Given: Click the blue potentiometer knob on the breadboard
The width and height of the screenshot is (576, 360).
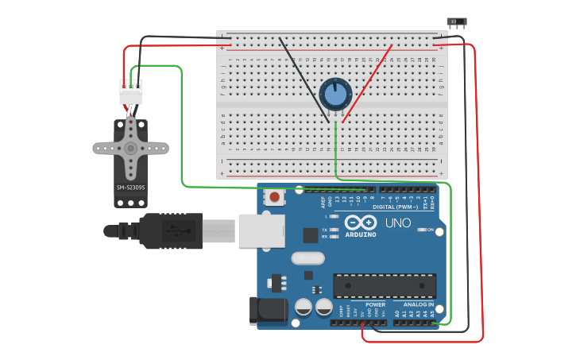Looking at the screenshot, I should tap(335, 94).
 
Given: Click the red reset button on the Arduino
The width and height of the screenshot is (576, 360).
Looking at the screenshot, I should tap(274, 196).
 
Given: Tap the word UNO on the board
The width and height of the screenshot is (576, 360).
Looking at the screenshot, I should tap(398, 223).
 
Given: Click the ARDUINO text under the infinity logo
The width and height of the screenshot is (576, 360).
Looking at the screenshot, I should tap(361, 234).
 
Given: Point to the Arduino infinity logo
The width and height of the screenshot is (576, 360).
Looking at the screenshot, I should tap(361, 222).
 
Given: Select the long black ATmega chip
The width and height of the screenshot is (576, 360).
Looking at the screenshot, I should tap(385, 285).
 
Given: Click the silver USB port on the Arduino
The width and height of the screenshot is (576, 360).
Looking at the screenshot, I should tap(261, 230).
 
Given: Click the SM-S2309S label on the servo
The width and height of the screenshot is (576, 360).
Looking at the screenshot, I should tap(130, 188).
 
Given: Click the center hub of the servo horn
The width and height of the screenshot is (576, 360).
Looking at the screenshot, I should tap(130, 148).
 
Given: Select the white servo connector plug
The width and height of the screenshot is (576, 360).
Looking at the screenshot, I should tap(130, 91).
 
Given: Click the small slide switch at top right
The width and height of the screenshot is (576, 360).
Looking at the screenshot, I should tap(456, 22).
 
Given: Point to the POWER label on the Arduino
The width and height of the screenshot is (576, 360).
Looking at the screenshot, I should tap(375, 304).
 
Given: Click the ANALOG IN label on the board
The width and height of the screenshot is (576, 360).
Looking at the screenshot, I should tap(418, 304).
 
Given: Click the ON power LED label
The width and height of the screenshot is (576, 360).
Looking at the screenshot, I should tap(430, 230).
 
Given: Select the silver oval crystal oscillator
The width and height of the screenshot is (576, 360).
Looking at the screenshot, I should tap(307, 257).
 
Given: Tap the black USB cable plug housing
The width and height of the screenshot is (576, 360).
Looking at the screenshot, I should tap(170, 230).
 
